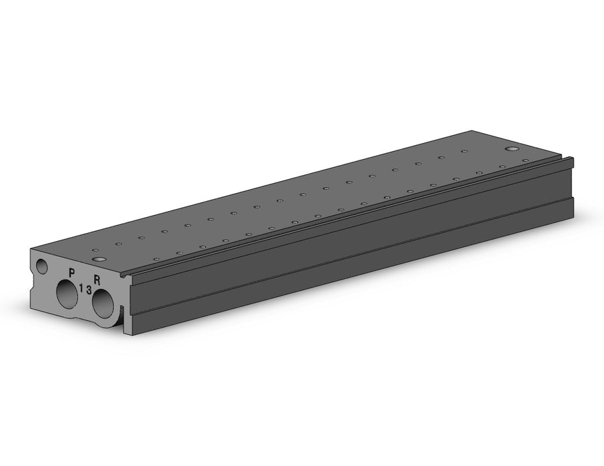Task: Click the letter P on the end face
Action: tap(71, 273)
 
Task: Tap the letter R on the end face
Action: tap(97, 279)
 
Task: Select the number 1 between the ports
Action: tap(81, 287)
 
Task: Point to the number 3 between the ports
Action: tap(89, 290)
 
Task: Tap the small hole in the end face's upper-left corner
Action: tap(41, 266)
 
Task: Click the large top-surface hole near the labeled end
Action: tap(100, 259)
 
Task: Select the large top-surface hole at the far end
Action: tap(512, 149)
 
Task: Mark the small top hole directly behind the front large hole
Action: tap(95, 250)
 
